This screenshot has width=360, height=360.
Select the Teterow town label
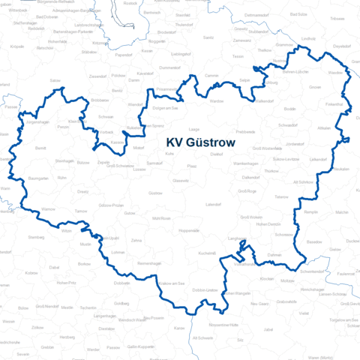pyautogui.click(x=281, y=196)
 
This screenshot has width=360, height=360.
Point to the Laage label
pyautogui.click(x=193, y=128)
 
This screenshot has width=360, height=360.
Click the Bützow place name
pyautogui.click(x=82, y=161)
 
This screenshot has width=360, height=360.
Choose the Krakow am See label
pyautogui.click(x=172, y=283)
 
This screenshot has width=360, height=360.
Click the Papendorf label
pyautogui.click(x=123, y=55)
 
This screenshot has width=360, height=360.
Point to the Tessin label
pyautogui.click(x=238, y=56)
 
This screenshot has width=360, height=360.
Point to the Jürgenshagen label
pyautogui.click(x=37, y=121)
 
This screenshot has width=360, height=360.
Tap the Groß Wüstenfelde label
pyautogui.click(x=262, y=148)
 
